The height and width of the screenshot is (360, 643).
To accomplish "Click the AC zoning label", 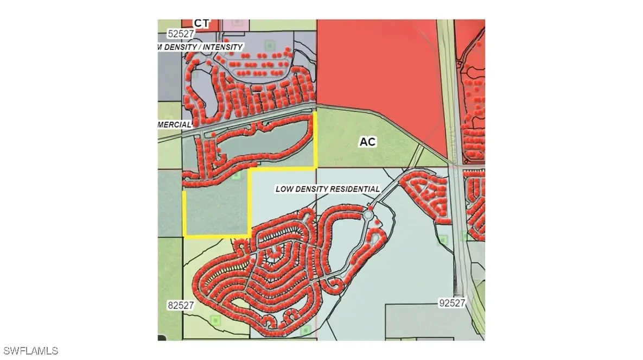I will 367,142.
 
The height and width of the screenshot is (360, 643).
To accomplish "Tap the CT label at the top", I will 202,23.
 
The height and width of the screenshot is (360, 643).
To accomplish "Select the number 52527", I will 181,34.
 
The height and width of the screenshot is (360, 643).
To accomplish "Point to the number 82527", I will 180,306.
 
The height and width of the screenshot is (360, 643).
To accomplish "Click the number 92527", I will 453,303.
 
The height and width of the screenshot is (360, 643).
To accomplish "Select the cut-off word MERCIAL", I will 174,124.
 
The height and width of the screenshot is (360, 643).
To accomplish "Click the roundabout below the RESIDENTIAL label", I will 368,216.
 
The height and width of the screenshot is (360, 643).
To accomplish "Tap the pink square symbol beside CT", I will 237,23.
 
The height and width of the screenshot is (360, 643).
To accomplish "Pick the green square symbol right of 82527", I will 215,320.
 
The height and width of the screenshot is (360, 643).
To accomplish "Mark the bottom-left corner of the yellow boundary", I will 186,236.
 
